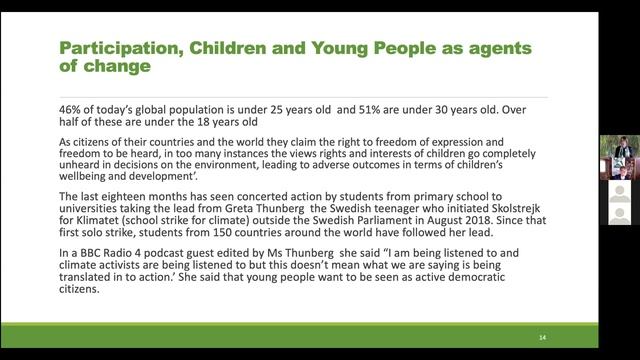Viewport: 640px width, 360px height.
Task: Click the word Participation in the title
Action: click(x=107, y=49)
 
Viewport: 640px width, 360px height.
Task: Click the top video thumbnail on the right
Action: click(x=618, y=146)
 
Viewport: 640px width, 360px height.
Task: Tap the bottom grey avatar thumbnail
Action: click(x=618, y=215)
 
